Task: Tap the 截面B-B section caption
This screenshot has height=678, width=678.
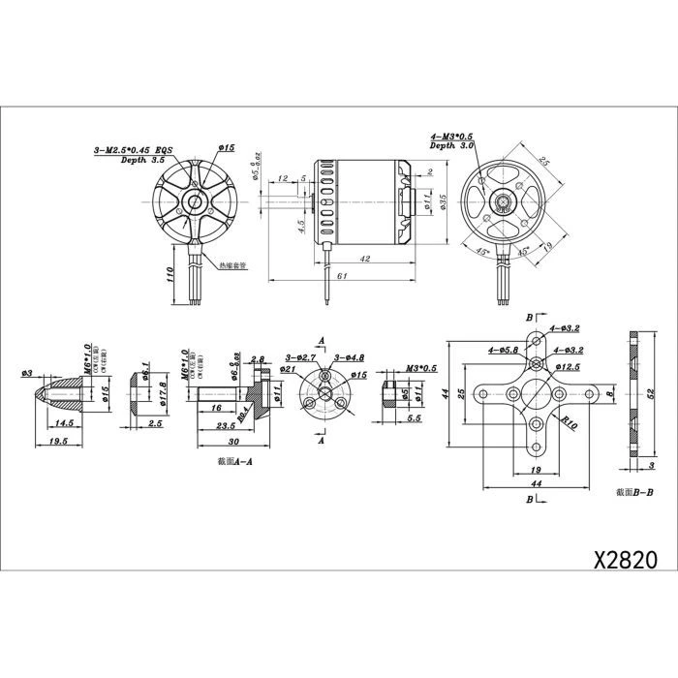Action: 634,492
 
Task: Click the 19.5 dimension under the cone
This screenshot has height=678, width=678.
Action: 57,441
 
